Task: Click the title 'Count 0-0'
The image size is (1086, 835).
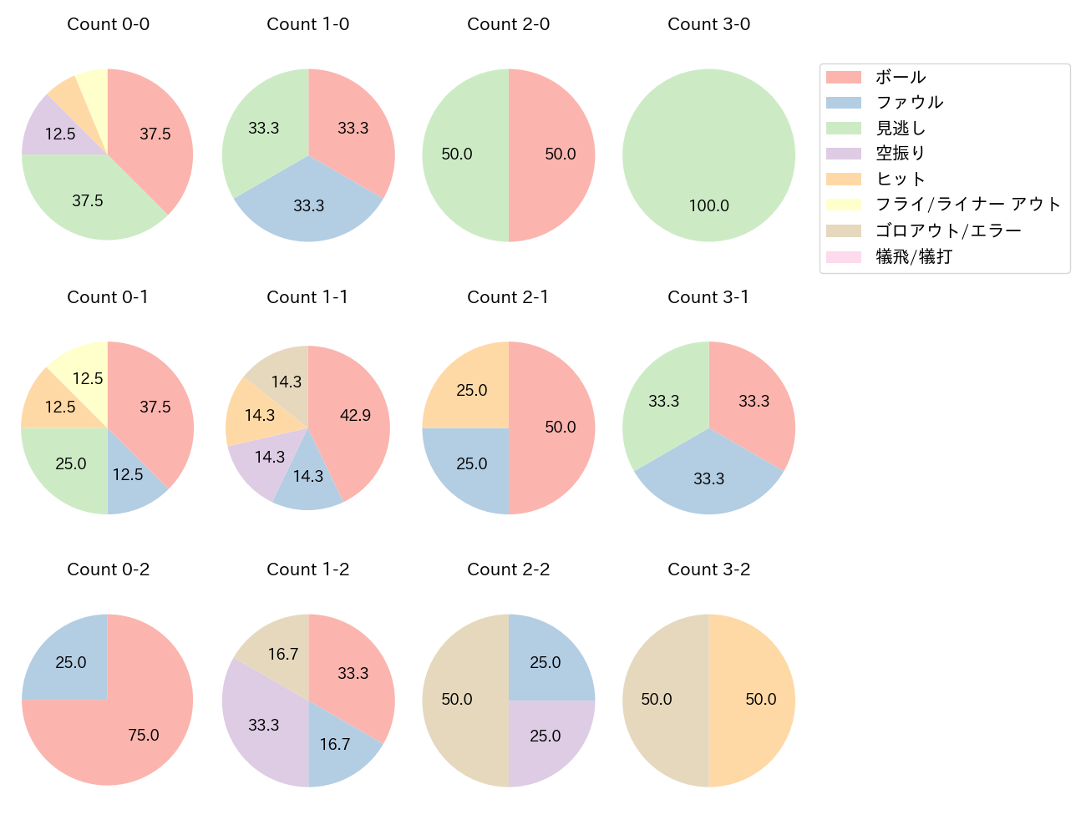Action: (108, 24)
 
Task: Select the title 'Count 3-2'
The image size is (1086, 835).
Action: (708, 569)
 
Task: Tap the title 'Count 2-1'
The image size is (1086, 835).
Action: (508, 297)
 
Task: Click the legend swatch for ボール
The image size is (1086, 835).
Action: (843, 78)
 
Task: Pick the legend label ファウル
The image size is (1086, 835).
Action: (909, 103)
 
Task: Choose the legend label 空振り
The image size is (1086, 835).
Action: (900, 154)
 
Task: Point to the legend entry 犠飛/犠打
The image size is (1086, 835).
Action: (913, 256)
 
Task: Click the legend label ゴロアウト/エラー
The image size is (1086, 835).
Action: (947, 230)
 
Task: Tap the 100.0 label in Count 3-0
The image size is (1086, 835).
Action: (708, 205)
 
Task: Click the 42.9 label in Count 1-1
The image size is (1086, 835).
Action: (355, 415)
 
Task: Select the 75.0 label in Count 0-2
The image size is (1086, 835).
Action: (144, 735)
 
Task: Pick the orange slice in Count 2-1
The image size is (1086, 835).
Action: (468, 388)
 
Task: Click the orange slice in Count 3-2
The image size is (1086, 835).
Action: (752, 700)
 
